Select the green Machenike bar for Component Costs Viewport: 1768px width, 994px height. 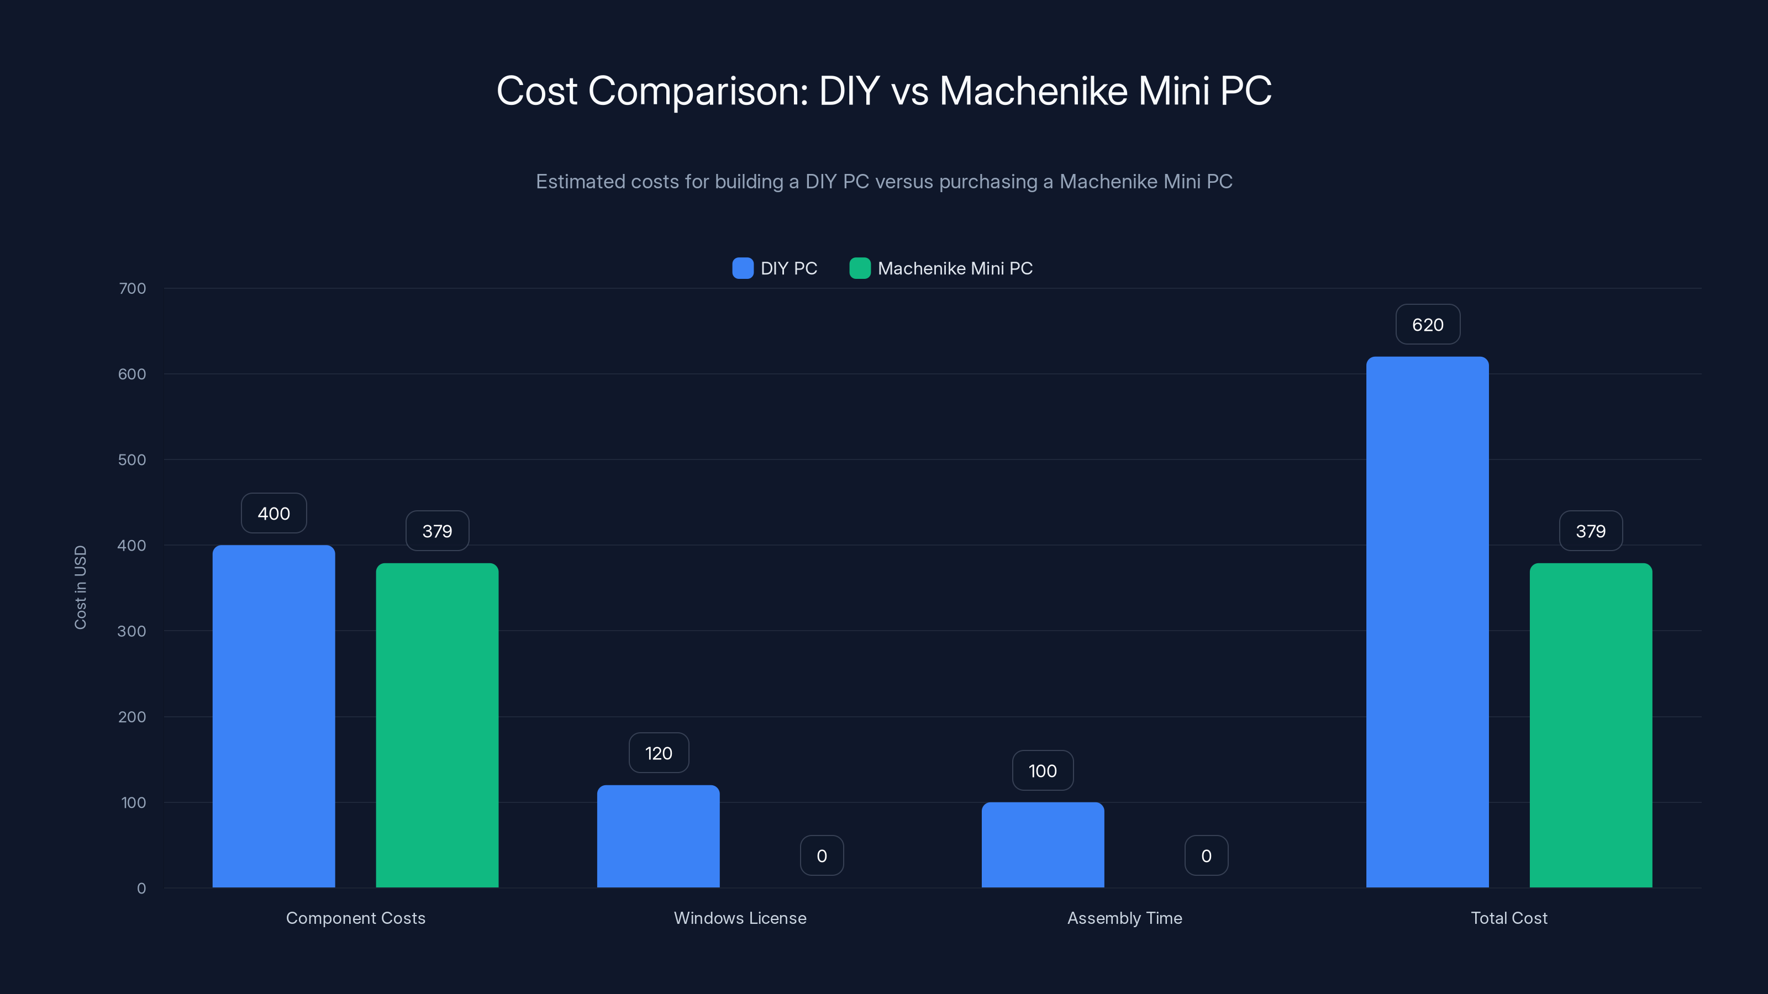(436, 725)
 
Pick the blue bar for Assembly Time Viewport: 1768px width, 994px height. (1042, 844)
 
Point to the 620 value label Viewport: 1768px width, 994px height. (1427, 325)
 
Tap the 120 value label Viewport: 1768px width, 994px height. (657, 753)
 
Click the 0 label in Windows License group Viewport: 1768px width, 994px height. (821, 855)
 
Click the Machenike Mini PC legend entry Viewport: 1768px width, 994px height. (941, 268)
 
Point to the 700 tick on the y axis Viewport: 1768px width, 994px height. (132, 288)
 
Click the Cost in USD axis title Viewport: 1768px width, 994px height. (80, 587)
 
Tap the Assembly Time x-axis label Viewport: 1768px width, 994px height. (1124, 918)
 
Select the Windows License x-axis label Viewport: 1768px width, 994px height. (740, 918)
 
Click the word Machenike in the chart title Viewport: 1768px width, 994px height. (1033, 91)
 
